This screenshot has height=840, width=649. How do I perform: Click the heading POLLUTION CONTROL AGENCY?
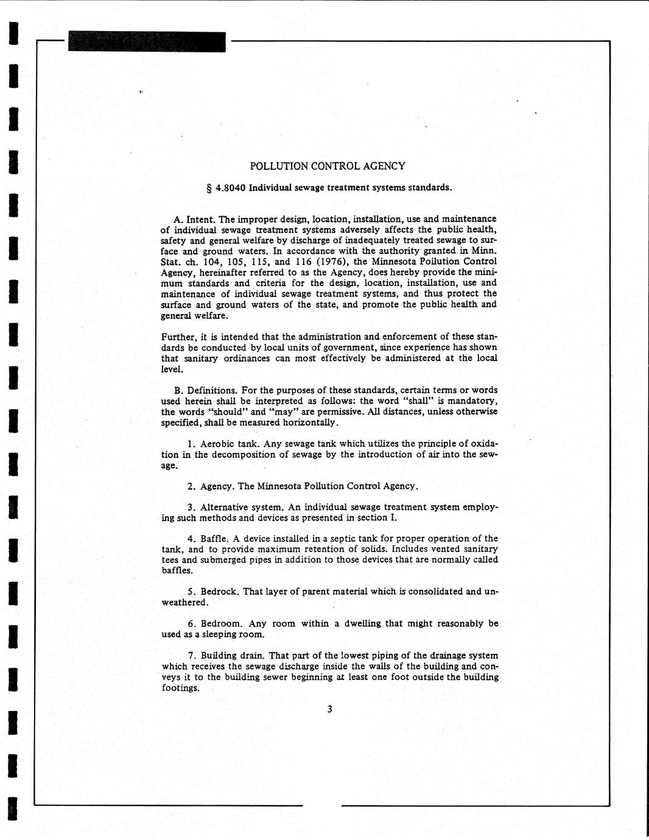coord(328,166)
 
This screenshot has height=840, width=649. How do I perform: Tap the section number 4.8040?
coord(231,187)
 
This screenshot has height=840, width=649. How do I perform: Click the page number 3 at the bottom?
coord(329,709)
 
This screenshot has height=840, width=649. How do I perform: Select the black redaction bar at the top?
coord(147,42)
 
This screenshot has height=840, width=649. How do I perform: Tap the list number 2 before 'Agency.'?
coord(191,486)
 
